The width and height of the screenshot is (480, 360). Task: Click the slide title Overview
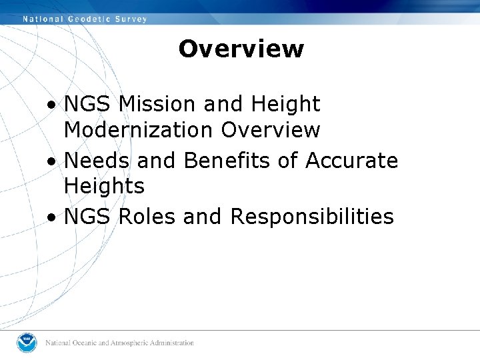tap(241, 49)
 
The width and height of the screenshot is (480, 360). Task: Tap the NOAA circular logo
tap(27, 343)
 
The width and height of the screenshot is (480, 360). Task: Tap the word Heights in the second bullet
tap(104, 186)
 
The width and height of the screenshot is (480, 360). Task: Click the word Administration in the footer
tap(172, 343)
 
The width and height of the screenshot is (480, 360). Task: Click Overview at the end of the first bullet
tap(271, 129)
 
